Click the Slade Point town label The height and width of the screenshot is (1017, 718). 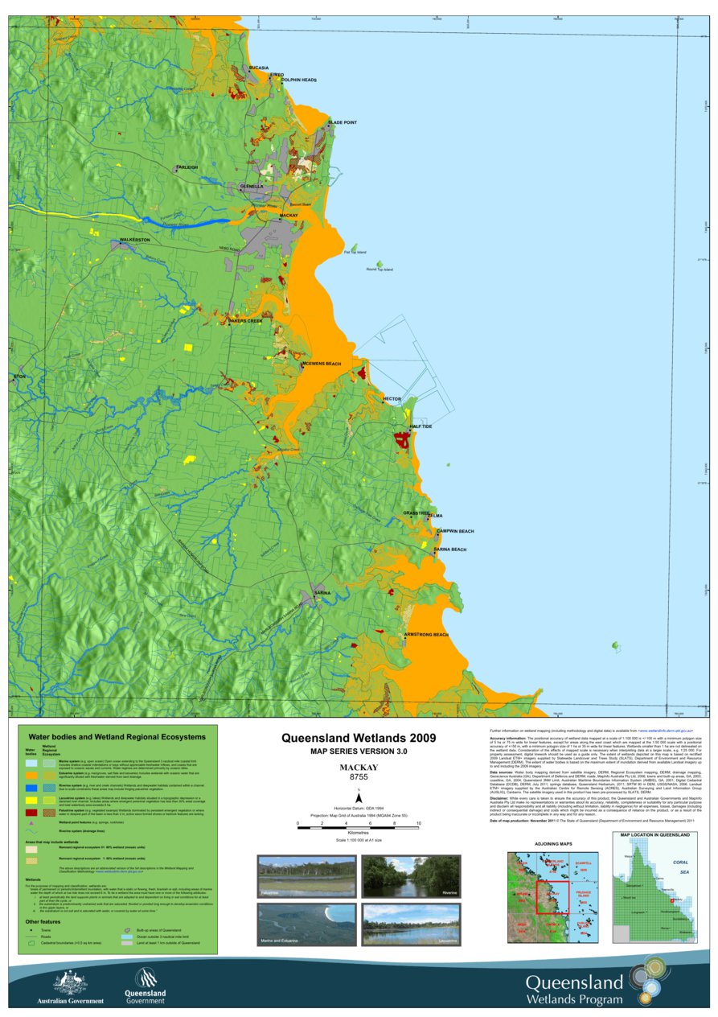point(342,123)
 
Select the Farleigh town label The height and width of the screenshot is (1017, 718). point(187,167)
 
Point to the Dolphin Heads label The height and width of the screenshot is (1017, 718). point(298,80)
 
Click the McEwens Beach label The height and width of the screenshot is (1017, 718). point(322,364)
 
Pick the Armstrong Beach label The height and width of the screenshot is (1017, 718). point(425,635)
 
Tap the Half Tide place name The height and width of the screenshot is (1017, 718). point(421,427)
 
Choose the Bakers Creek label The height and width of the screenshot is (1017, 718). point(245,321)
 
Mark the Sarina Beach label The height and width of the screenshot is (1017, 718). point(449,550)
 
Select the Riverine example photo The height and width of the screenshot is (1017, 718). point(410,877)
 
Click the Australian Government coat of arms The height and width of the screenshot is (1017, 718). point(70,982)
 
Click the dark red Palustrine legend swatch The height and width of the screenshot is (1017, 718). point(31,813)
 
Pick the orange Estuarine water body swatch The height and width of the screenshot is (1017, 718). point(31,773)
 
